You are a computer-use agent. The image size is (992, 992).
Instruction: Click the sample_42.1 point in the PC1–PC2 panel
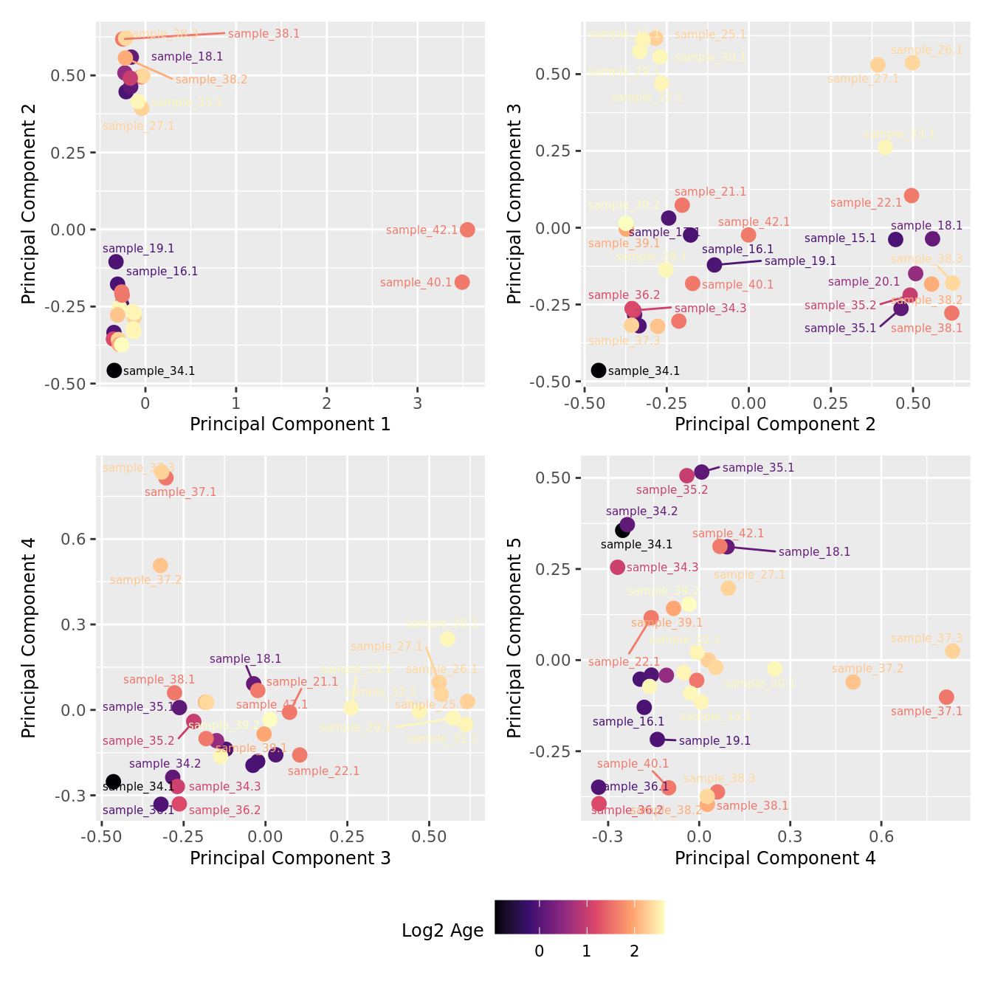[467, 230]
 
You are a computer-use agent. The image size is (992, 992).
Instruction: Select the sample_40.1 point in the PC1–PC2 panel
[462, 282]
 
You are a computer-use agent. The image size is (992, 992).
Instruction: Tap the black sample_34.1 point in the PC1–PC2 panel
[114, 371]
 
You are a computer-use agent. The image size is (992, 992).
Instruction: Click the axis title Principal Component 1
[290, 424]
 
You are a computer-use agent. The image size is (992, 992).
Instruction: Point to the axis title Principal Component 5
[514, 638]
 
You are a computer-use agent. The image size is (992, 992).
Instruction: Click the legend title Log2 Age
[442, 931]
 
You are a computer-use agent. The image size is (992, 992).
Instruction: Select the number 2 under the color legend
[634, 951]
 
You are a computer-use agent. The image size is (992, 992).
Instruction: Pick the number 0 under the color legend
[540, 951]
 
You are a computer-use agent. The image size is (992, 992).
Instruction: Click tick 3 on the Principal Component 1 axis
[418, 403]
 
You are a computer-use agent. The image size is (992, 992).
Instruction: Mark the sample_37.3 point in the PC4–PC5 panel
[953, 651]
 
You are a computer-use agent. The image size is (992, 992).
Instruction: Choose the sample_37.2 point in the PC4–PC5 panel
[853, 682]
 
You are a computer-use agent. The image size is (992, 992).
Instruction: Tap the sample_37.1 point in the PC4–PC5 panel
[946, 697]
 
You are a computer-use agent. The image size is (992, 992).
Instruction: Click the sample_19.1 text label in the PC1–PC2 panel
[139, 249]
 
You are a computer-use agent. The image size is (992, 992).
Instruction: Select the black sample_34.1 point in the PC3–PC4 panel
[113, 782]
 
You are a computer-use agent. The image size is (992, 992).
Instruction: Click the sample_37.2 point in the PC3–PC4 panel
[160, 565]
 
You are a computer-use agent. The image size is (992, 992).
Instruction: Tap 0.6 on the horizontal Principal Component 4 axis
[881, 837]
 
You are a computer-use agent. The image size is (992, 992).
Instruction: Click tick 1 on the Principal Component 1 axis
[236, 403]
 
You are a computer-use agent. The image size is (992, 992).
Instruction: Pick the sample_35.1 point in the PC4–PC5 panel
[702, 472]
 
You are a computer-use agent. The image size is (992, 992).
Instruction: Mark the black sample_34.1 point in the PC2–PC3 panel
[599, 371]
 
